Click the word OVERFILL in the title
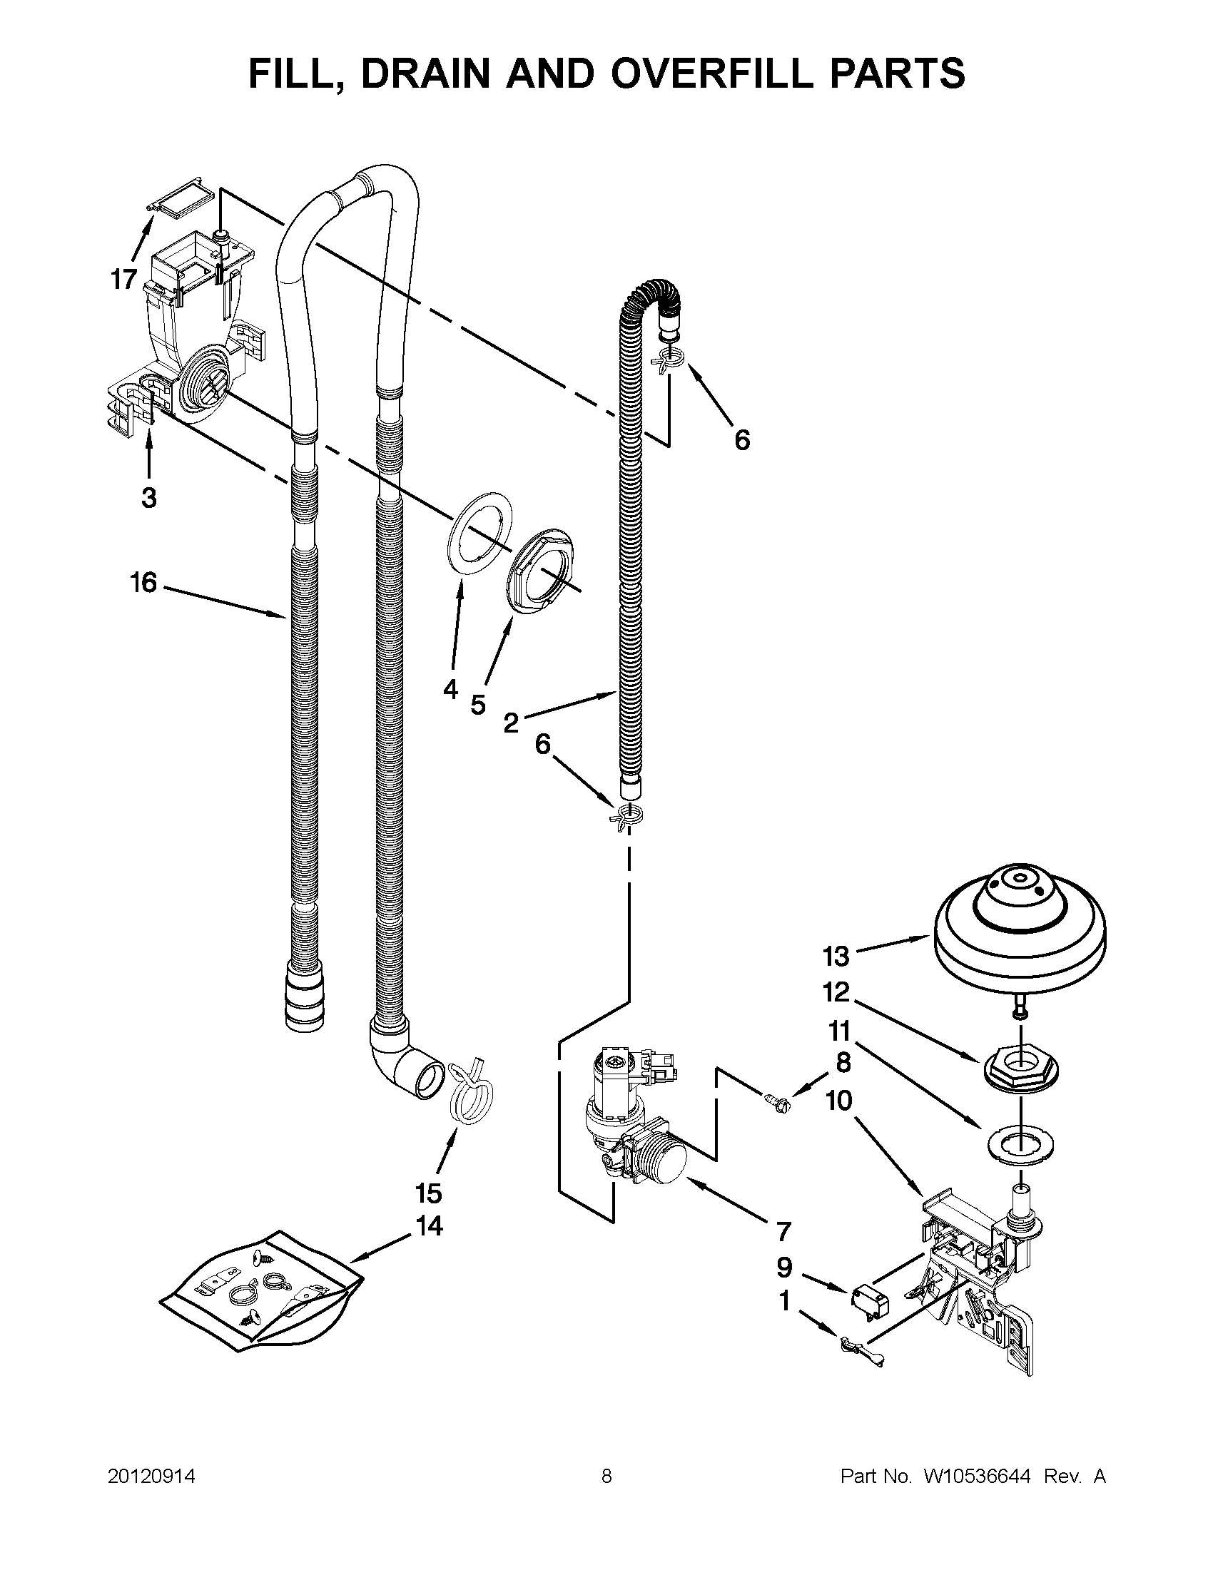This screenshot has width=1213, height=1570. (x=726, y=74)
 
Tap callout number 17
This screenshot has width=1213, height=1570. (x=123, y=279)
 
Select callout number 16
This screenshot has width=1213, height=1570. (x=143, y=582)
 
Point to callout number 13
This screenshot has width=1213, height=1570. (x=836, y=956)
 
